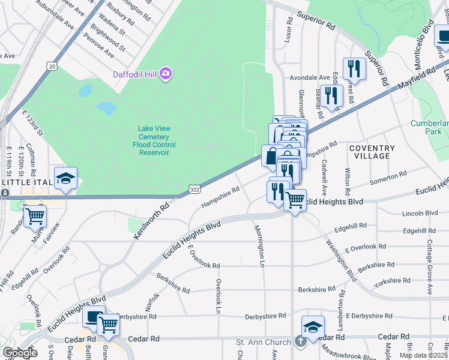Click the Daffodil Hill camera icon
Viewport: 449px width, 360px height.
166,74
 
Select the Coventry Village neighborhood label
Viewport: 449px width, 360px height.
372,152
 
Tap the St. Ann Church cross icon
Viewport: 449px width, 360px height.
300,341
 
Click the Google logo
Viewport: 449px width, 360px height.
19,353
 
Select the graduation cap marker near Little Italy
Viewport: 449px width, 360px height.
65,178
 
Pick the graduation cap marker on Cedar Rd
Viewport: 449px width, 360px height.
313,327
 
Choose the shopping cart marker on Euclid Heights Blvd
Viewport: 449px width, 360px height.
295,200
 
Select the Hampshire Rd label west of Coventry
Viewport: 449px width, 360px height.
220,197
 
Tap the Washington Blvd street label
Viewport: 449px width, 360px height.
341,260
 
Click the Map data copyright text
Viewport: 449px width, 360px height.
424,355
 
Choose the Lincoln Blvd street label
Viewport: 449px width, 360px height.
420,213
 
